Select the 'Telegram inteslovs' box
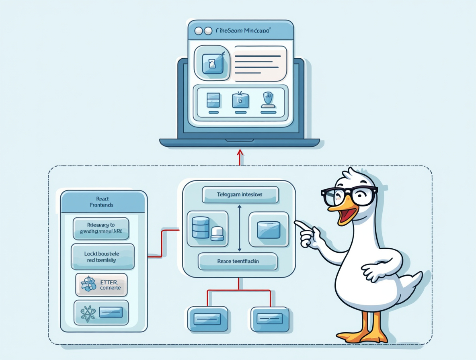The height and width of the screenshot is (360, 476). [x=240, y=195]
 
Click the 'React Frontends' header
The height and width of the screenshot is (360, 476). [x=103, y=202]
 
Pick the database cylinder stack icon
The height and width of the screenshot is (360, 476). [x=201, y=227]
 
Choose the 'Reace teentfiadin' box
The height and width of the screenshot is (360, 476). [x=238, y=261]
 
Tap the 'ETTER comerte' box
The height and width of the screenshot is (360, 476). [x=101, y=285]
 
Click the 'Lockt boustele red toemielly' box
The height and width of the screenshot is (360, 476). [x=103, y=257]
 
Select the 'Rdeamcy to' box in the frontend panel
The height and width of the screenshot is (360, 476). [x=101, y=228]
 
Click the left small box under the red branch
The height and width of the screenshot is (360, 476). [x=207, y=319]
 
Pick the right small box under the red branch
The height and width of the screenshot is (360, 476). [x=270, y=319]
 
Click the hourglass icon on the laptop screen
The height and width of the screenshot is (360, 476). [x=212, y=63]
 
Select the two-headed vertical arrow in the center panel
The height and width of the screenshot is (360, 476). [x=240, y=228]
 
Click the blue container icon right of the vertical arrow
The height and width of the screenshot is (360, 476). [x=269, y=229]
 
